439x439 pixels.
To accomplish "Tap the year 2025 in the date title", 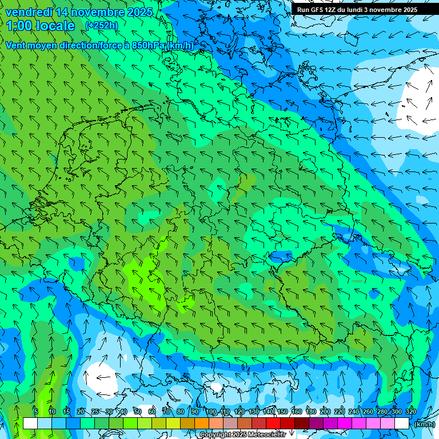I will point(137,12).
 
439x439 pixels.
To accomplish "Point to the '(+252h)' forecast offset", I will point(102,25).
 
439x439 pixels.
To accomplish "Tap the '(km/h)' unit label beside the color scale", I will point(424,424).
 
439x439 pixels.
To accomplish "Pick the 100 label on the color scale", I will point(211,412).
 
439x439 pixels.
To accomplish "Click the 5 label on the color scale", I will point(35,412).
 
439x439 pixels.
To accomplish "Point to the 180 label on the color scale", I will point(310,412).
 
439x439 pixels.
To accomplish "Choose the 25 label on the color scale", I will point(94,412).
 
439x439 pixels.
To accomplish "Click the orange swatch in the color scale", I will point(201,423).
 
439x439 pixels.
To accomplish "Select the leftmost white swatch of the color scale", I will point(30,423).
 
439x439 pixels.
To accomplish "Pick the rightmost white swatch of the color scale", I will point(402,423).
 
